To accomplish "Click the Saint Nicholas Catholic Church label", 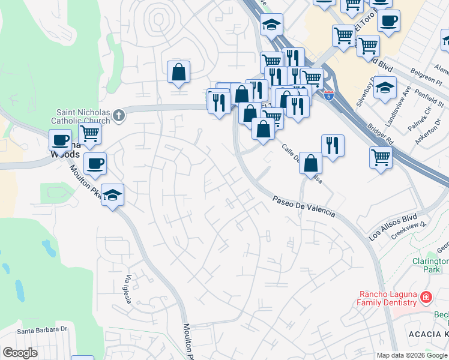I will point(84,116).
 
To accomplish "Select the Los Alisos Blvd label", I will point(393,227).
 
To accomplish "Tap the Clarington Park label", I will point(430,265).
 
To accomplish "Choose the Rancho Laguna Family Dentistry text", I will point(387,298).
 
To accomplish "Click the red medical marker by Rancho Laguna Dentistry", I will point(426,297).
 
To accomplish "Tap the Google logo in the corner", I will point(20,353).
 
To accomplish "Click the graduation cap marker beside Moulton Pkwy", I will point(112,195).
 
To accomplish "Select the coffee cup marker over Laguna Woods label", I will point(60,140).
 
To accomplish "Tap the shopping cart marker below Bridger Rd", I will point(381,158).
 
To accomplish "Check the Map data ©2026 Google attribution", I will point(412,355).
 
